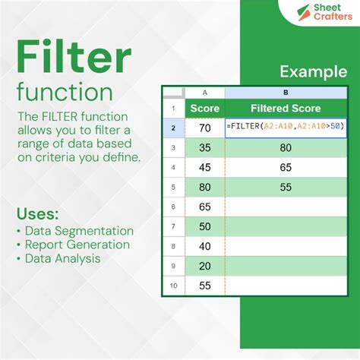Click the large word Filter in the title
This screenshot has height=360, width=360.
tap(73, 59)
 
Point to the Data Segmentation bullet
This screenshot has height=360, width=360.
tap(78, 231)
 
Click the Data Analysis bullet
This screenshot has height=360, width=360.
tap(62, 258)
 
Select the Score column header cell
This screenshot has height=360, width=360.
tap(204, 108)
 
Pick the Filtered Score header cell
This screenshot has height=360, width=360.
tap(275, 108)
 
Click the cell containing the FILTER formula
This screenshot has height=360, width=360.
tap(275, 128)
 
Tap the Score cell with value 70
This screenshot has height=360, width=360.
tap(204, 128)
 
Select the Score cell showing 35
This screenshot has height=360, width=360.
tap(204, 147)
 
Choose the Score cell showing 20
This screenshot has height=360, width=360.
tap(204, 266)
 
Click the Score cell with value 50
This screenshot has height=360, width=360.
tap(204, 226)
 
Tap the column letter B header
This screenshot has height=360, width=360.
tap(275, 91)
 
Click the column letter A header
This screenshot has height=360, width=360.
tap(204, 91)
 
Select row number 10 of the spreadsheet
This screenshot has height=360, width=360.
tap(172, 286)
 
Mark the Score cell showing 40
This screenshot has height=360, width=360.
tap(204, 246)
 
